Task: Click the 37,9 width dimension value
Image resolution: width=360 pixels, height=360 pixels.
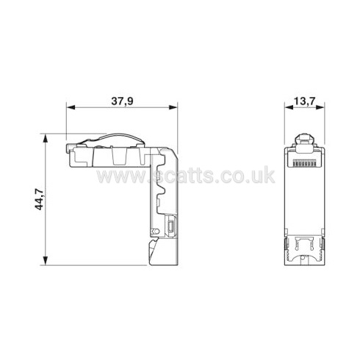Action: [x=122, y=101]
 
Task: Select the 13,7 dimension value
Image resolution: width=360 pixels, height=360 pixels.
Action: [x=304, y=101]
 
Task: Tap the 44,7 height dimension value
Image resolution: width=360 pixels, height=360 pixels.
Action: [x=39, y=200]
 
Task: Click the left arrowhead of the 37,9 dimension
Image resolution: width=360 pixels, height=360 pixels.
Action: [x=71, y=107]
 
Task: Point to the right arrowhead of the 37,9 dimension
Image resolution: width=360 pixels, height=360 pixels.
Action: [x=173, y=107]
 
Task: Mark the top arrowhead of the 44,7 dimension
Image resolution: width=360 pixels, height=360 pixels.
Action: [x=46, y=138]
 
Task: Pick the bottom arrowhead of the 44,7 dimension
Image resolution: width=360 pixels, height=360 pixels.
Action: [x=46, y=261]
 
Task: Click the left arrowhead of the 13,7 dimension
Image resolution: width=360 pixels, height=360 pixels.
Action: [x=289, y=107]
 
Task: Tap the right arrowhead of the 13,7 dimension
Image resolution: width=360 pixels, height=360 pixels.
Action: [x=320, y=107]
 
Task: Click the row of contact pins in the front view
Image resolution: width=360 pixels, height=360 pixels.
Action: [x=304, y=163]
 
